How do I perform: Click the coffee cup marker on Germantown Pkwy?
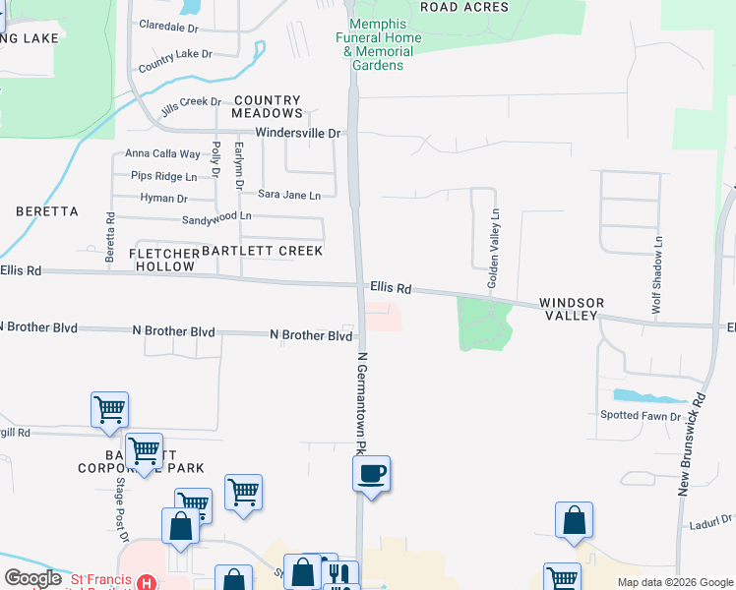(x=371, y=474)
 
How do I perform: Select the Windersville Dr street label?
(x=297, y=133)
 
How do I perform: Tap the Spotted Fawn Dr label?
(x=641, y=416)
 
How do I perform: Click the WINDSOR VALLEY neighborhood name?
(x=571, y=309)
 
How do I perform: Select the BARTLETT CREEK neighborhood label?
(x=262, y=251)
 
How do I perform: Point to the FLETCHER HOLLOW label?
(x=163, y=260)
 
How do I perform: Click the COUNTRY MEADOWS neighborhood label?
(x=267, y=106)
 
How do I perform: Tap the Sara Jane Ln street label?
(x=289, y=196)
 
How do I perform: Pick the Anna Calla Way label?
(x=162, y=153)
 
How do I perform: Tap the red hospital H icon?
(x=146, y=582)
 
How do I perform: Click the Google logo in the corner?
(x=32, y=578)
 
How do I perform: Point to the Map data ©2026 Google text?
(x=674, y=582)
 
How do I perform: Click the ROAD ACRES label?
(x=464, y=7)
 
